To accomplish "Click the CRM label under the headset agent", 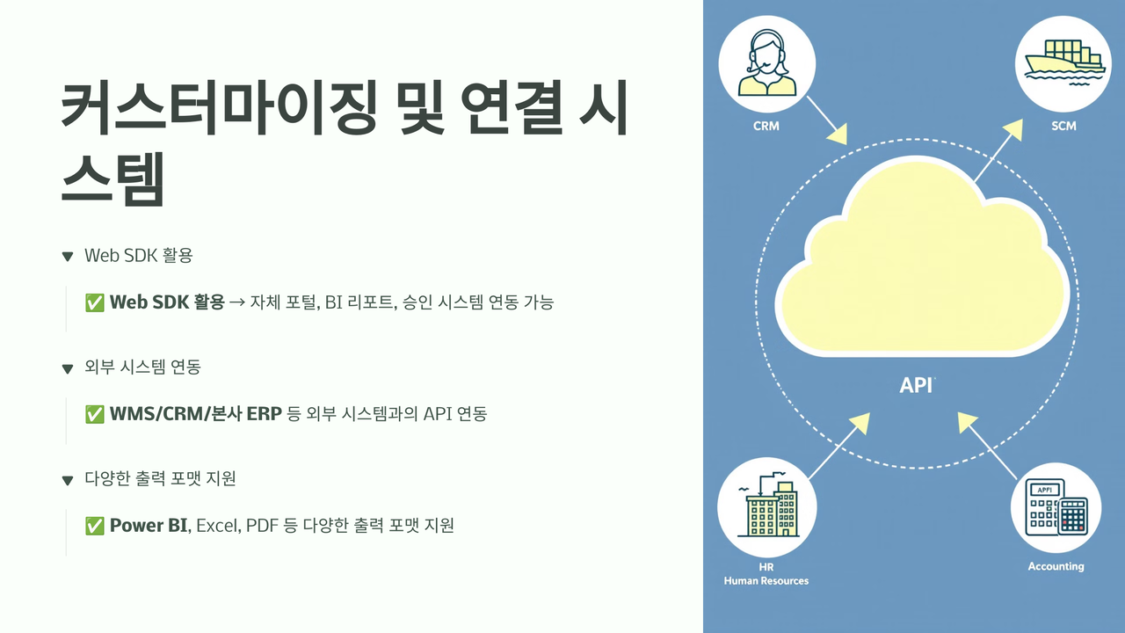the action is (x=766, y=126).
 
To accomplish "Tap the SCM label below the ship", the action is (x=1063, y=126).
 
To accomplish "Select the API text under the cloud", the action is (x=917, y=385).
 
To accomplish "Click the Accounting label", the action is (x=1056, y=566).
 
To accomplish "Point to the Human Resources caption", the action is (x=766, y=581).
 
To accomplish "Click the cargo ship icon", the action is (x=1063, y=62).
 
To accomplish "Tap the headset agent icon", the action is (x=767, y=62).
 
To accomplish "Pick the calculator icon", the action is (x=1056, y=508).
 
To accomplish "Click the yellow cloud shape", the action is (x=922, y=261).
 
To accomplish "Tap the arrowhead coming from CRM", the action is (x=838, y=135).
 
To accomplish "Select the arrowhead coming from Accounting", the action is (x=967, y=422).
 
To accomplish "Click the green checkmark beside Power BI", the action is (x=94, y=526).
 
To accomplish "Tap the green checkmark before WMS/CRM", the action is (x=94, y=414).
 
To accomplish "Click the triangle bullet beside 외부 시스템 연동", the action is (x=68, y=369).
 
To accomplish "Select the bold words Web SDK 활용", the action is (x=167, y=302).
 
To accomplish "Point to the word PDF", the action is (x=262, y=526).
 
